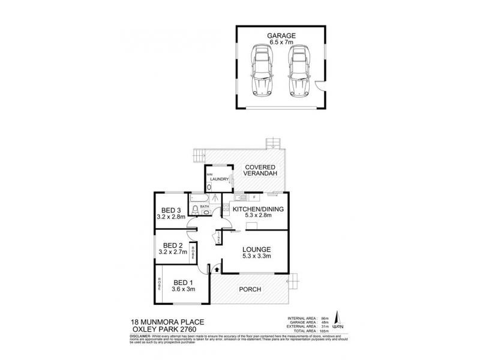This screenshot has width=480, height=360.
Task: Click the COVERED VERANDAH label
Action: click(x=259, y=171)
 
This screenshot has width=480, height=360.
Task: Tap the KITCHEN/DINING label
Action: click(x=257, y=209)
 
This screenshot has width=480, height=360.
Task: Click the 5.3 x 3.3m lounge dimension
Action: click(x=257, y=257)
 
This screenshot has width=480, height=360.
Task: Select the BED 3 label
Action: click(x=172, y=210)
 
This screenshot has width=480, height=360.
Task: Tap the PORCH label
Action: click(x=250, y=289)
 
